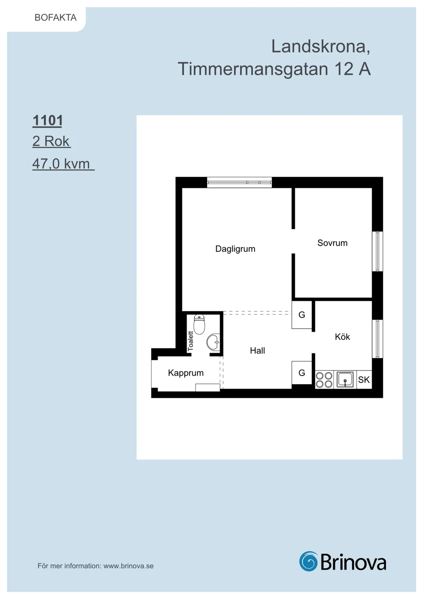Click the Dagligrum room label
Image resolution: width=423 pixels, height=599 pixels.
click(235, 249)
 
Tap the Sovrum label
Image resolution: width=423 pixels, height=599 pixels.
click(332, 243)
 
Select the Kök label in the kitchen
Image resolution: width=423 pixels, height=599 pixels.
click(342, 337)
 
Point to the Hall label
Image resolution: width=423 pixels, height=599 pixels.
click(257, 350)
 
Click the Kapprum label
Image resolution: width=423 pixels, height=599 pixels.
click(185, 373)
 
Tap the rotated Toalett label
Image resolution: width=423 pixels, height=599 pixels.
click(191, 341)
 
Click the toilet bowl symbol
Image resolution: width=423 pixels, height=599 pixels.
click(199, 324)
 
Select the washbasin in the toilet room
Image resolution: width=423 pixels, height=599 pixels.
click(213, 342)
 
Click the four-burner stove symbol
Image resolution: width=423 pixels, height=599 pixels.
click(324, 380)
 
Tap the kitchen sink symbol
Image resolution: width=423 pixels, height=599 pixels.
click(345, 380)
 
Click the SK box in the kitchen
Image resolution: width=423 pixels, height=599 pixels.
click(364, 380)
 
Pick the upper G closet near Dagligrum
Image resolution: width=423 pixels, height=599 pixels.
click(302, 315)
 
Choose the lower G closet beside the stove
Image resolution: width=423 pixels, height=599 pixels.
click(302, 373)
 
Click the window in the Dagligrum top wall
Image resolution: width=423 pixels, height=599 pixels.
click(240, 182)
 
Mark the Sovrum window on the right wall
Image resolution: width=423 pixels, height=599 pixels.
click(377, 252)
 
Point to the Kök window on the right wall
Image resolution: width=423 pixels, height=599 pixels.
click(377, 339)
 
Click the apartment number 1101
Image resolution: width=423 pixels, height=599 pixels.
click(47, 120)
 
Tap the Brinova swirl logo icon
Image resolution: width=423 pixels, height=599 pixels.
click(308, 561)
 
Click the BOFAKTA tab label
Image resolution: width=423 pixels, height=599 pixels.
click(56, 18)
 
